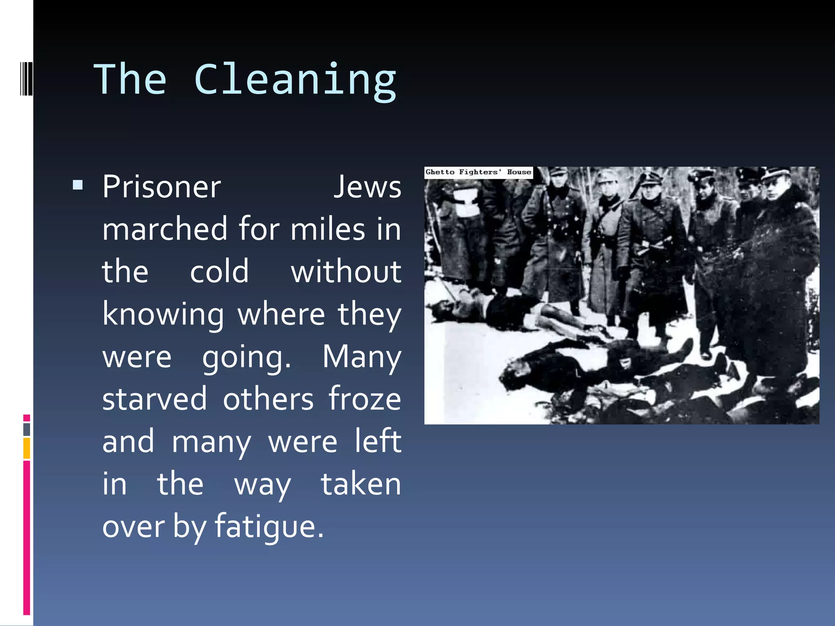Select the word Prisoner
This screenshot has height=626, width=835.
coord(161,187)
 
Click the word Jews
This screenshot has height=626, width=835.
coord(367,187)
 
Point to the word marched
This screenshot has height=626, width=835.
coord(164,229)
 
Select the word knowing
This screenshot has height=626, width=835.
coord(163,315)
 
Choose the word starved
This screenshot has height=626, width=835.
coord(155,399)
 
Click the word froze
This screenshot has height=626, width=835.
coord(364,399)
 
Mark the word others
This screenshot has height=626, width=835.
coord(268,399)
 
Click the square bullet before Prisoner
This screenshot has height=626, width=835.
coord(78,186)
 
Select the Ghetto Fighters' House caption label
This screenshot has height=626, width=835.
coord(478,172)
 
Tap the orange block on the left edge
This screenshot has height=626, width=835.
coord(27,448)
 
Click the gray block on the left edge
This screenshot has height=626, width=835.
coord(27,429)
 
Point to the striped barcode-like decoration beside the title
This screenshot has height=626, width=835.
coord(27,78)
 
